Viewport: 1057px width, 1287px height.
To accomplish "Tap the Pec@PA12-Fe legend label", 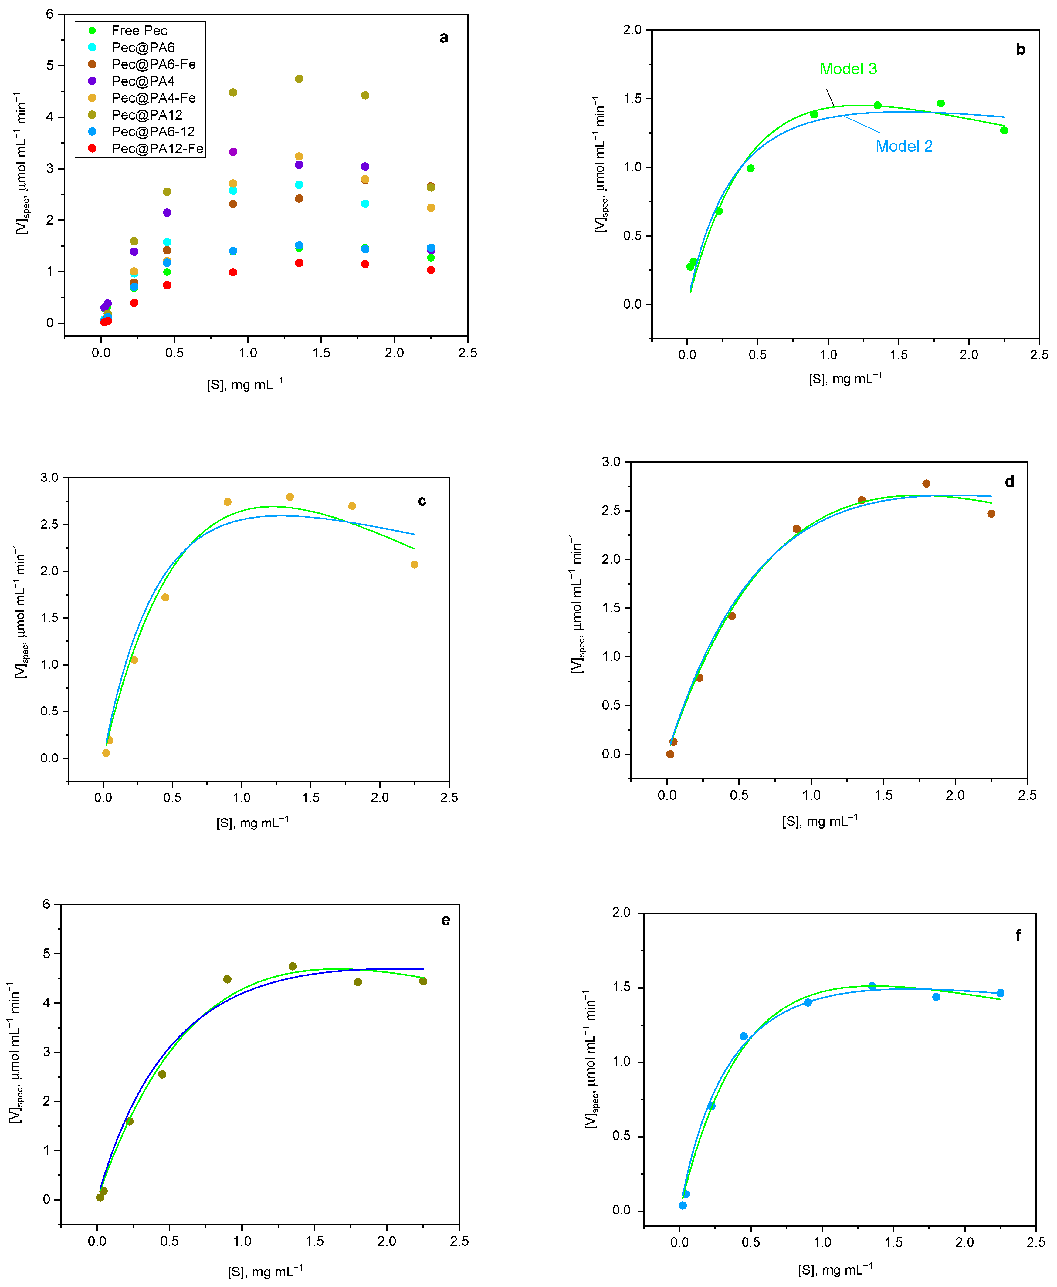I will click(x=157, y=149).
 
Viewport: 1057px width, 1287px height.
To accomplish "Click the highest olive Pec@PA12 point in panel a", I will click(x=299, y=79).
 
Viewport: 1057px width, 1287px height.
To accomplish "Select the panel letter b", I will click(x=1021, y=50).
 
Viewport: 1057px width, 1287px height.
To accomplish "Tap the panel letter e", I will click(x=446, y=920).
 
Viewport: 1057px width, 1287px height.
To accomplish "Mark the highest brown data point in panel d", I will click(x=926, y=483).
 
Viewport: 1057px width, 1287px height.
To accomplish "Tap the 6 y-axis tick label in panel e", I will click(x=47, y=904).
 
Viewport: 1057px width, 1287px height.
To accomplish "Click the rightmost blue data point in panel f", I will click(x=1000, y=993).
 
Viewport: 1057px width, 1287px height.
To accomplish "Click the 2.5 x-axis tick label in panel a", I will click(x=468, y=353).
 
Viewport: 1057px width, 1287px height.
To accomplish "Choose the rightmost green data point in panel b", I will click(x=1004, y=130).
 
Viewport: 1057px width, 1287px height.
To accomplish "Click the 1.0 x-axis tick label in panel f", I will click(x=823, y=1243).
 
